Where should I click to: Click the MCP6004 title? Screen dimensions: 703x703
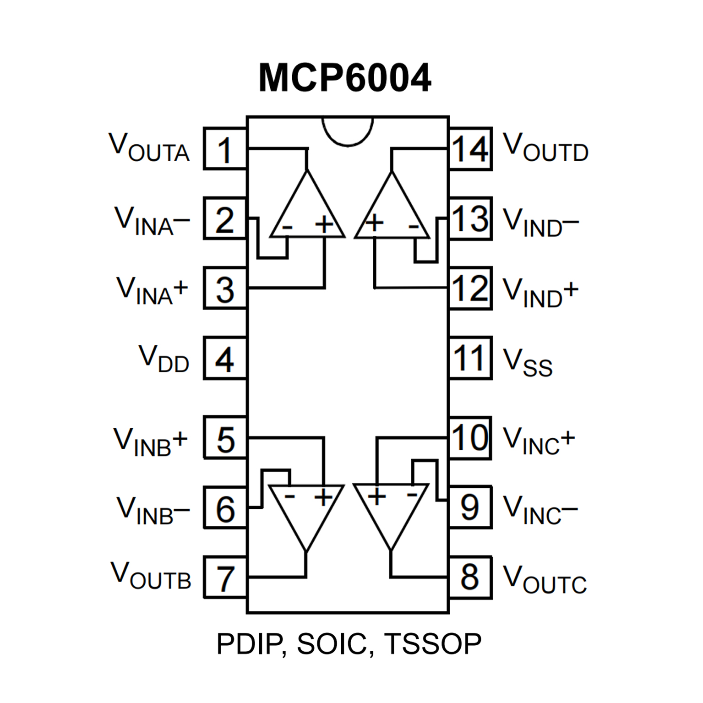point(344,78)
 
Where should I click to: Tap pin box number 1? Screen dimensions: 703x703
point(224,149)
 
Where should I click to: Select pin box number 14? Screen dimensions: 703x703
point(470,149)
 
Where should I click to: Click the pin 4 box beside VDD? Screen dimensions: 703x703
point(224,359)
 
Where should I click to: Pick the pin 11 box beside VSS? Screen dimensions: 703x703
point(470,359)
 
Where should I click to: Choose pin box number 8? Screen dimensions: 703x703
point(470,577)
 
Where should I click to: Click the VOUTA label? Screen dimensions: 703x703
point(149,147)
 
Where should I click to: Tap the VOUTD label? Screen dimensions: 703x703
point(545,147)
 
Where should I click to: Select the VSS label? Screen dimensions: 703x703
point(528,362)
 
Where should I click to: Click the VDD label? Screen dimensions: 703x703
point(164,359)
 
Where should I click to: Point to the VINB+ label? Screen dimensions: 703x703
point(150,441)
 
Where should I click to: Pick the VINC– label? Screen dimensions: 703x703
point(540,510)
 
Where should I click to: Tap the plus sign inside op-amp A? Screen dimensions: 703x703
point(325,224)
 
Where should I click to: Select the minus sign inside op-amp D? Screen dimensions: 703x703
point(413,226)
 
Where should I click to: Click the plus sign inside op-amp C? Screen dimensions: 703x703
point(377,496)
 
